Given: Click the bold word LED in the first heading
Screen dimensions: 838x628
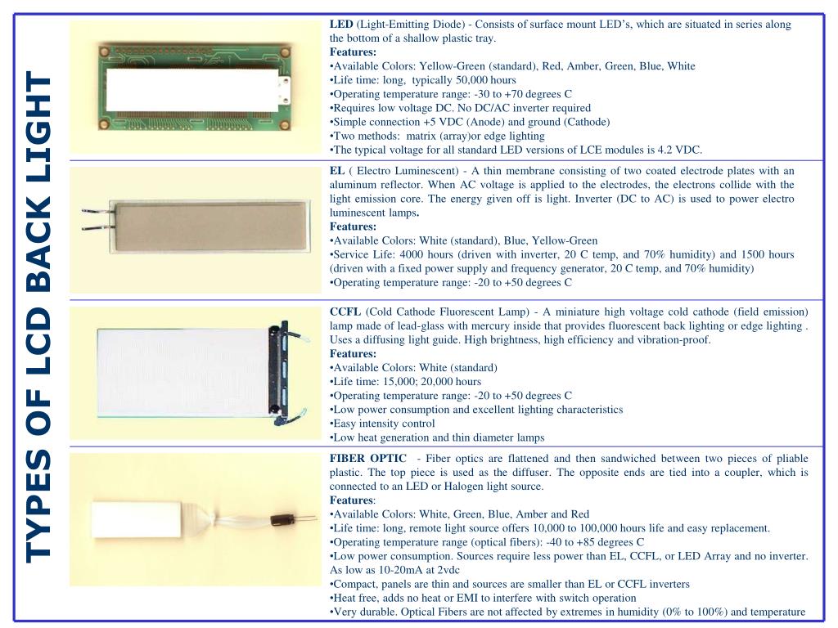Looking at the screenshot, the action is point(341,24).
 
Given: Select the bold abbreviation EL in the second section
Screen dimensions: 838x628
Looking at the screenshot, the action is point(336,171).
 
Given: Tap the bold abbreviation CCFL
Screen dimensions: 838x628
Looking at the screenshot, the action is point(345,312).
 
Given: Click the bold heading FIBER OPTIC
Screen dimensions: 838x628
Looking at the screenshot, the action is point(367,458).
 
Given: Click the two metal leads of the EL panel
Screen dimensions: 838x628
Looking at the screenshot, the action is point(97,220).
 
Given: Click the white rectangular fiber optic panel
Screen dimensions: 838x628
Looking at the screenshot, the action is point(137,519).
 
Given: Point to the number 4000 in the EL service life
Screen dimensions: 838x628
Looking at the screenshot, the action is point(411,255).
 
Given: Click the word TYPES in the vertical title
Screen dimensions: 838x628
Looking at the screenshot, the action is point(38,505).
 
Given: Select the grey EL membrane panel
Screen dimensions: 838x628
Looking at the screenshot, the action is point(209,226).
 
